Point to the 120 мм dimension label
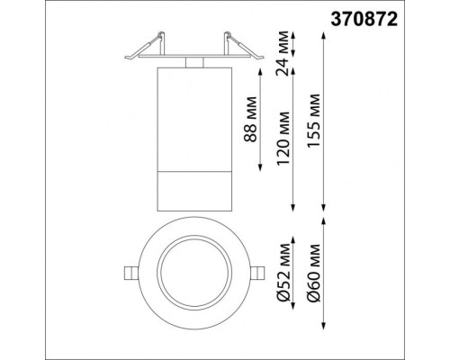coord(284,135)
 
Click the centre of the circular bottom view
coord(193,271)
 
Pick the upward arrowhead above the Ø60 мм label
coord(321,221)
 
